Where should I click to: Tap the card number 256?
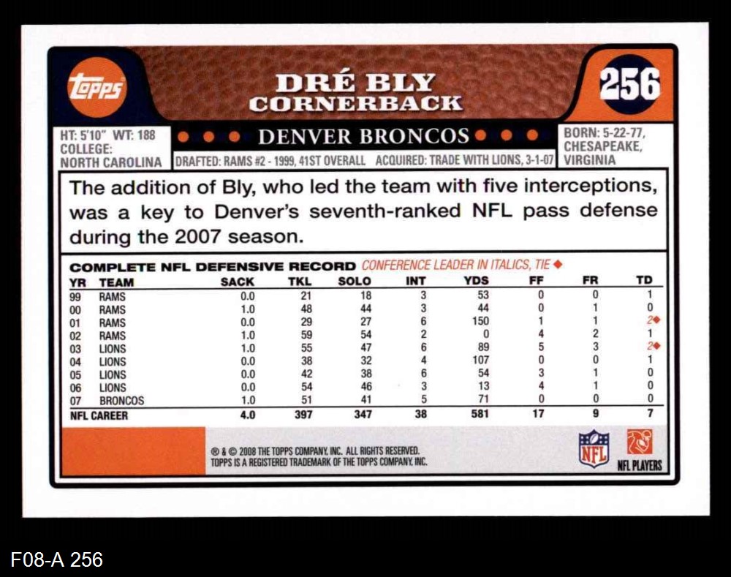(629, 84)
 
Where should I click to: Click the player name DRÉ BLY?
(355, 83)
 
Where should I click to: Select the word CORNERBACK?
(355, 104)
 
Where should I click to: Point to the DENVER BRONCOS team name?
(363, 136)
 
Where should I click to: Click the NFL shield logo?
(594, 448)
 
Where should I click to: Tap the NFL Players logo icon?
(640, 442)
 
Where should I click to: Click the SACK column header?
(238, 281)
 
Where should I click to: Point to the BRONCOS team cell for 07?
(121, 401)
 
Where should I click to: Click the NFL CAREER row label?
(99, 415)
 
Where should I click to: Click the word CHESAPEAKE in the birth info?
(602, 147)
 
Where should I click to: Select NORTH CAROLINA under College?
(110, 162)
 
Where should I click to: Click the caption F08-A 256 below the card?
(57, 560)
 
